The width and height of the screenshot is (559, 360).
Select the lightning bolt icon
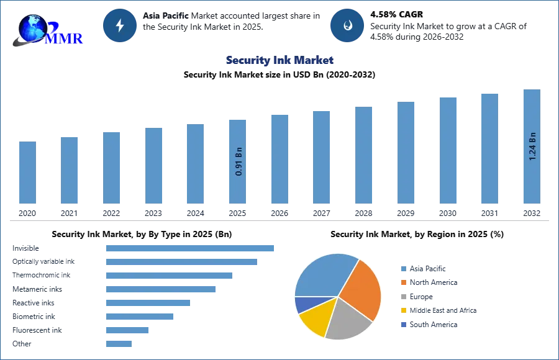pos(120,25)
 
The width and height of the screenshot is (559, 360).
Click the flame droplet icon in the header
pos(347,25)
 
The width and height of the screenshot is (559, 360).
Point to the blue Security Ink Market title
pos(280,60)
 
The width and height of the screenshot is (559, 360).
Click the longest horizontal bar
pos(191,248)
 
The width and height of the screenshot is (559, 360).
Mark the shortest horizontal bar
pos(119,343)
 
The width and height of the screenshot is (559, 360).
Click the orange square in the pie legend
pos(403,283)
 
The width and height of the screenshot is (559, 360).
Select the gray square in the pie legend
pos(403,297)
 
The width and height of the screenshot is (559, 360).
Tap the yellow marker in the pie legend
pos(403,310)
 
